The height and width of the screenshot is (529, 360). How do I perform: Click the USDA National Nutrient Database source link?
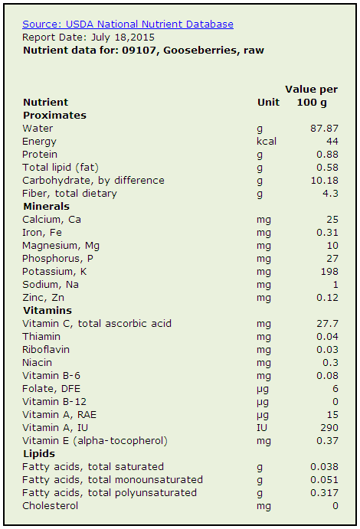click(x=128, y=24)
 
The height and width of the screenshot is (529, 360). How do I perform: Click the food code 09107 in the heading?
click(x=140, y=51)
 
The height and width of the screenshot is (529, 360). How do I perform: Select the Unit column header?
click(x=268, y=103)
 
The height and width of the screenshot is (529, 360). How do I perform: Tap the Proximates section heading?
click(x=54, y=116)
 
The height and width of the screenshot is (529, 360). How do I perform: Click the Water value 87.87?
click(x=324, y=128)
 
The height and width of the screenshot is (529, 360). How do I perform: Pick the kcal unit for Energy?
click(x=267, y=141)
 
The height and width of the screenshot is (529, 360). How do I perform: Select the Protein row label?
click(x=40, y=154)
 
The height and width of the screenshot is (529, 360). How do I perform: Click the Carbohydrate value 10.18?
click(x=324, y=180)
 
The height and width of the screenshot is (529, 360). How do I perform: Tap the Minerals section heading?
click(x=46, y=206)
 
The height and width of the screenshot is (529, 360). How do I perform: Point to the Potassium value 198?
click(x=329, y=271)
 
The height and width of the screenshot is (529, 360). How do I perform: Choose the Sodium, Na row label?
click(x=51, y=285)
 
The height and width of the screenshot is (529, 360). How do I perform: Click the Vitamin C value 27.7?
click(x=327, y=323)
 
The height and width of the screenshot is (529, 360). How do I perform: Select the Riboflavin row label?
click(x=46, y=350)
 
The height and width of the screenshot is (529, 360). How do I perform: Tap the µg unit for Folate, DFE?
click(x=263, y=389)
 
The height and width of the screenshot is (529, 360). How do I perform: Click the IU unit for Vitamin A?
click(x=262, y=427)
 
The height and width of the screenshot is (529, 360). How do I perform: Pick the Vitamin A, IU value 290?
click(x=329, y=427)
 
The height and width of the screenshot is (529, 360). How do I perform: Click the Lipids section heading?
click(x=39, y=454)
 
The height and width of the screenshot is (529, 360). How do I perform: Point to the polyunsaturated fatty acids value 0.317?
click(x=324, y=492)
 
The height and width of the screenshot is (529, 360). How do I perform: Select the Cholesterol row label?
click(x=51, y=506)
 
